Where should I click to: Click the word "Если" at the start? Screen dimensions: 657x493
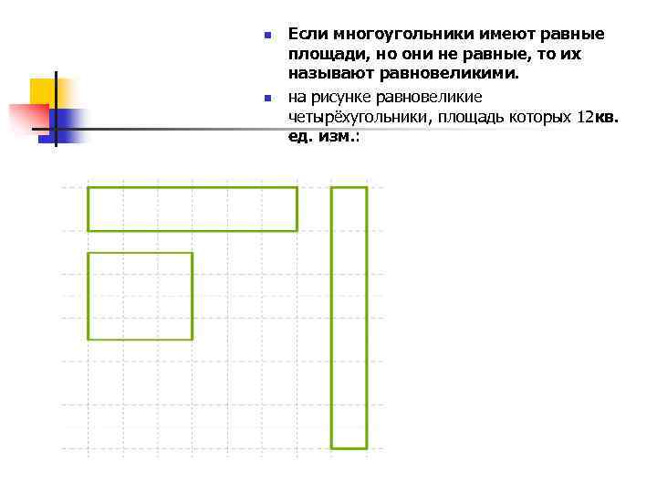coord(308,35)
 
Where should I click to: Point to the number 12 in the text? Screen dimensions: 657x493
coord(584,117)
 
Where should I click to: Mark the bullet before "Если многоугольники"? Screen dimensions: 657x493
coord(267,36)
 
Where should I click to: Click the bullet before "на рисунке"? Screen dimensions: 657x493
coord(267,98)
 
